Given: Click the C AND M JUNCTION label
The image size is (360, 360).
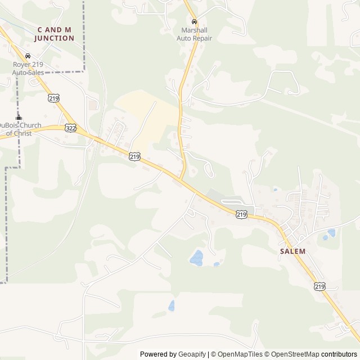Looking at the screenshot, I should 54,34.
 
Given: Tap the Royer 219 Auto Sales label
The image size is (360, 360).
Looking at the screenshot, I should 28,68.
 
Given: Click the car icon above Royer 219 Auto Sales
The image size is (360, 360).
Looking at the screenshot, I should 28,56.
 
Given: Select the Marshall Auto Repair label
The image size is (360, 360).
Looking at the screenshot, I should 194,34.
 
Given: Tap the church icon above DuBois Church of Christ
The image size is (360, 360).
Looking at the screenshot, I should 19,118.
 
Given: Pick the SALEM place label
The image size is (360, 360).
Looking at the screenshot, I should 292,251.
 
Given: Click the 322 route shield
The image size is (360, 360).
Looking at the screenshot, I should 70,128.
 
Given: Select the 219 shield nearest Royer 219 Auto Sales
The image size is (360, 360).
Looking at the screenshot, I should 54,98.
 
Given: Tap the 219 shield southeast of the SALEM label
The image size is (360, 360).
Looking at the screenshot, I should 319,286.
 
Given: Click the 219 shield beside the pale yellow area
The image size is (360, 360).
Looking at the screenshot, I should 134,157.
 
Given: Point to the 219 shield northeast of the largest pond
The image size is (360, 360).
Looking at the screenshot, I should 241,214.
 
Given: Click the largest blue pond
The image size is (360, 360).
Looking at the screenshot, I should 196,258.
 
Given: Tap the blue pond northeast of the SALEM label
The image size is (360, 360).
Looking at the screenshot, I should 331,232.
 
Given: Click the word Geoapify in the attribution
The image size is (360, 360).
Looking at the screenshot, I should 192,354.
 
